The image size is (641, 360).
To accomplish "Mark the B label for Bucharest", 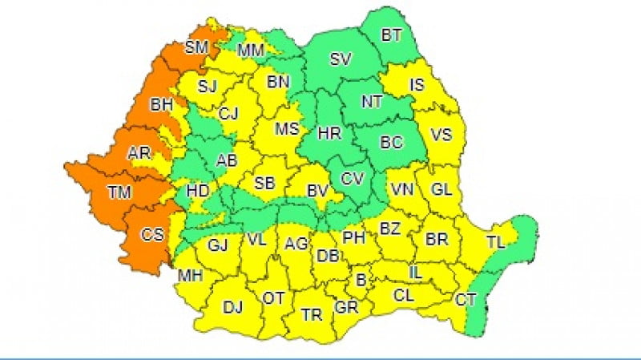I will [361, 279].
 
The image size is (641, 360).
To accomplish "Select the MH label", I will [189, 275].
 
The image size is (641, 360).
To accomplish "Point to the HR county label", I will [329, 134].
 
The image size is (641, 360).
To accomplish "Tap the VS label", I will [441, 136].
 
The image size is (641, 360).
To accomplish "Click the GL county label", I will [441, 190].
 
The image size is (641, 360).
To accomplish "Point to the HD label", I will [197, 191].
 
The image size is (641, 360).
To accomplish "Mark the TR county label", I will [312, 315].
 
